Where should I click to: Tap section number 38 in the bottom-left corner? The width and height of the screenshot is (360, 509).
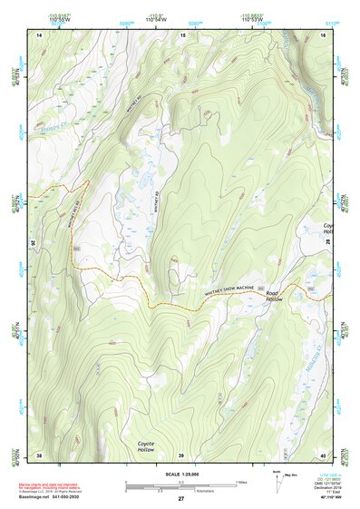coord(39,454)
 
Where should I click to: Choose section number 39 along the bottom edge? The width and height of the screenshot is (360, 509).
coord(180,454)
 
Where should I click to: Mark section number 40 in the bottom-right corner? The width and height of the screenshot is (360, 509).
coord(322,454)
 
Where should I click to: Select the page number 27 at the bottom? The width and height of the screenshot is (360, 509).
coord(180,499)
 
